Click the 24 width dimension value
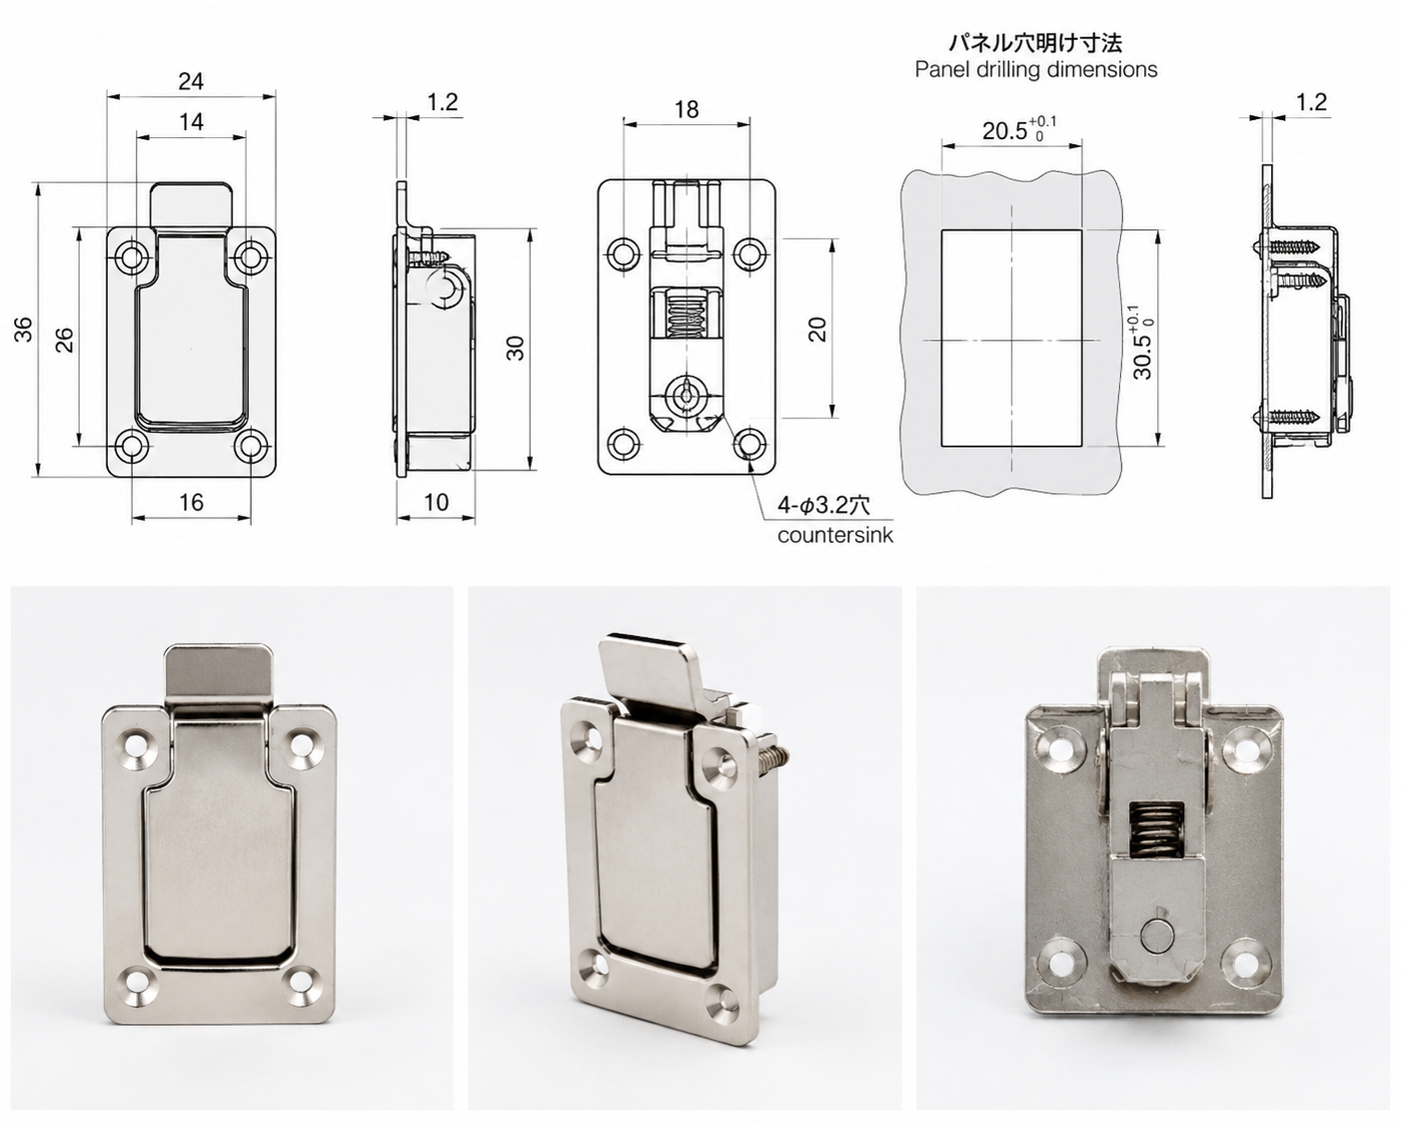point(191,81)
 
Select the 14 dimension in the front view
point(191,122)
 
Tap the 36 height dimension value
point(23,329)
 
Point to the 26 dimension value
point(64,340)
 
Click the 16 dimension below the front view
point(191,502)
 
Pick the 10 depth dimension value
point(436,502)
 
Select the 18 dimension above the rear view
point(687,109)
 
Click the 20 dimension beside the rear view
point(817,329)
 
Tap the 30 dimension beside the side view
point(515,348)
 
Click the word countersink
point(835,536)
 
